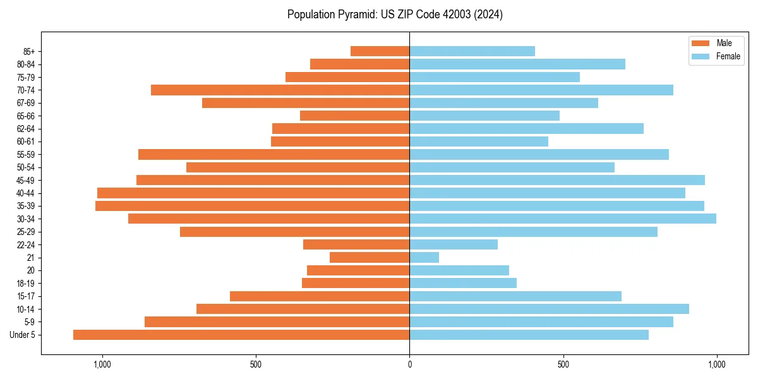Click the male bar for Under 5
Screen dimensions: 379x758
coord(241,335)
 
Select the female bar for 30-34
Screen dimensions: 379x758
coord(563,219)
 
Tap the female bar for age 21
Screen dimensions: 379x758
coord(424,257)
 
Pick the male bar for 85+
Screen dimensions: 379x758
coord(380,51)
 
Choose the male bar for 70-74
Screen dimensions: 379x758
coord(280,90)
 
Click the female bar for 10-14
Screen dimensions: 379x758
coord(550,309)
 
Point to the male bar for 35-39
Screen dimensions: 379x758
coord(253,206)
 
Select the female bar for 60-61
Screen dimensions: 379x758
coord(479,141)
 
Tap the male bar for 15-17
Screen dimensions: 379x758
coord(320,296)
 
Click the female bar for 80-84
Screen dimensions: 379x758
coord(517,64)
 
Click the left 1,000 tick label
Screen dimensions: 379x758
coord(102,364)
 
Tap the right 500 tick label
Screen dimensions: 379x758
coord(563,364)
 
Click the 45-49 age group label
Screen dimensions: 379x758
coord(26,180)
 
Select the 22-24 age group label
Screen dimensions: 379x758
coord(26,244)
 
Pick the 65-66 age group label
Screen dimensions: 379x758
coord(26,116)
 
